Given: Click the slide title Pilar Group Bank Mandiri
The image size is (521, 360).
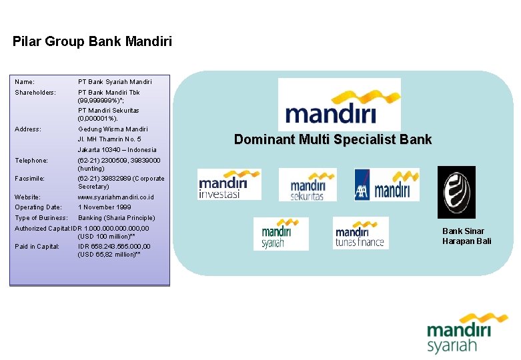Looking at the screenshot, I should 92,42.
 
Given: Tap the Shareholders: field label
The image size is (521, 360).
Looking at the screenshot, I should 35,92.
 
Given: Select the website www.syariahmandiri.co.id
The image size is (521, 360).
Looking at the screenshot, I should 116,197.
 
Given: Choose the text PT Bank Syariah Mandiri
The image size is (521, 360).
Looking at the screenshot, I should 115,82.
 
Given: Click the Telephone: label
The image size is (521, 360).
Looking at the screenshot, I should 31,161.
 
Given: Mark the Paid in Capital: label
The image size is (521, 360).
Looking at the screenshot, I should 37,247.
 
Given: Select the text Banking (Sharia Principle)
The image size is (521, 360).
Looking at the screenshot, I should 116,218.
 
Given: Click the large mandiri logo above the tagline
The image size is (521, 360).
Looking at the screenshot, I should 339,104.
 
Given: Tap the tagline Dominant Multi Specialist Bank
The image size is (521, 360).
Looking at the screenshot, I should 333,140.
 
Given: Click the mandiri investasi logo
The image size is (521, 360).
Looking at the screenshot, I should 229,184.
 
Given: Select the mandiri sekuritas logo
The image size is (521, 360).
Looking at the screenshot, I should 308,185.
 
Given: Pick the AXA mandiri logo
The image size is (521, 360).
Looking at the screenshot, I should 387,184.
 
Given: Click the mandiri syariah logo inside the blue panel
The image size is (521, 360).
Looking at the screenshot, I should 281,234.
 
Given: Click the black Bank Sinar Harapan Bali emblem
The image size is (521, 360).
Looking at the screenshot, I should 456,193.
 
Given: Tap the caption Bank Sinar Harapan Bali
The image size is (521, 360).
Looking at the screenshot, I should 466,236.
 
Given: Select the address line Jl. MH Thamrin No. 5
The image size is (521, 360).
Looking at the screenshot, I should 109,139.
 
